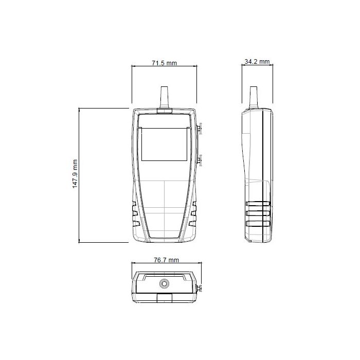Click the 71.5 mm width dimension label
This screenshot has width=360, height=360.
click(164, 63)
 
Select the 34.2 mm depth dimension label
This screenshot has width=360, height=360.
click(257, 62)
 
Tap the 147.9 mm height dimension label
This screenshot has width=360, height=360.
click(75, 174)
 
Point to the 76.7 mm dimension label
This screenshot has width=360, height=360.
click(166, 260)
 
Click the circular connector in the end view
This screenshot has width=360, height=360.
click(165, 283)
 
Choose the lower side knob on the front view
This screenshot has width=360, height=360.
click(200, 161)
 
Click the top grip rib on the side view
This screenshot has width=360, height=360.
click(258, 204)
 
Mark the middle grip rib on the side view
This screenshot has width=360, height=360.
click(258, 213)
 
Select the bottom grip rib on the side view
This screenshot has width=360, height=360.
click(258, 223)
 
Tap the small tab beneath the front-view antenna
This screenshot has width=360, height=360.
click(165, 111)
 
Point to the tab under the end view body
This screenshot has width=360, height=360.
click(165, 298)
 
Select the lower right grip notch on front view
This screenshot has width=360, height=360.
click(194, 223)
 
